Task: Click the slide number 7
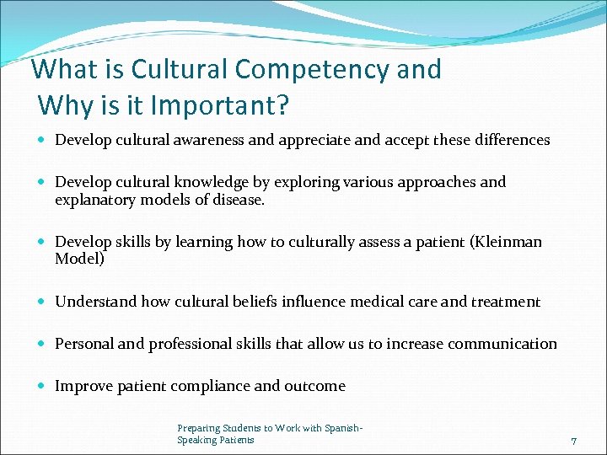573,441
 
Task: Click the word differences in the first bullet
511,140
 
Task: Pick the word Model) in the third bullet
80,260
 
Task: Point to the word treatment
503,302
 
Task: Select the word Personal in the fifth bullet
82,344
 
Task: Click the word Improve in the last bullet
83,386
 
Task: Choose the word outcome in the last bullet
314,386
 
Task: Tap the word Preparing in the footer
197,429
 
